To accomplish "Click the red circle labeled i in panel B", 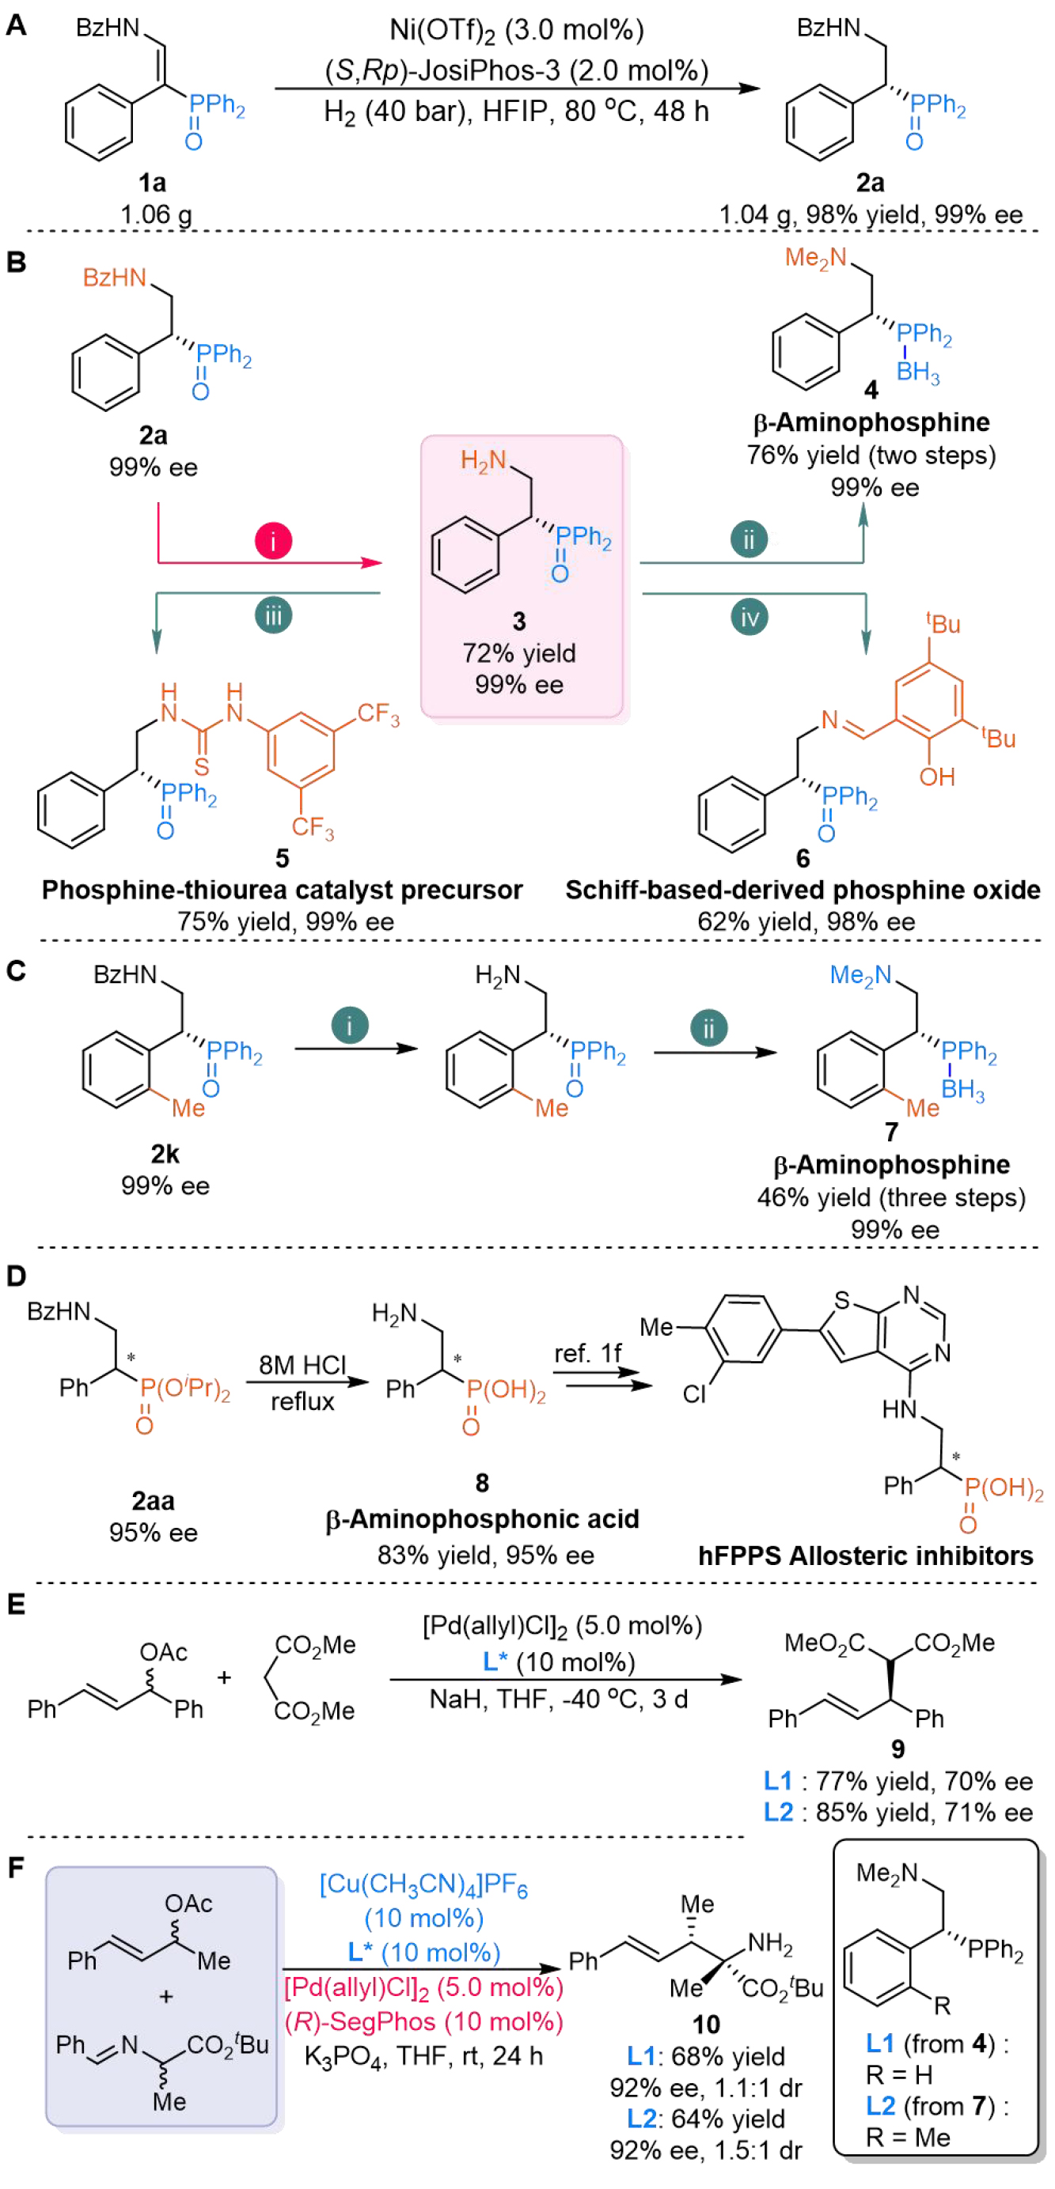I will pos(273,540).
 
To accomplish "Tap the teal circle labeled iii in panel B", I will pos(273,615).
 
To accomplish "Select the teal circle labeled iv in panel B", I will pos(749,617).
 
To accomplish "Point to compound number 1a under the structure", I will pos(152,182).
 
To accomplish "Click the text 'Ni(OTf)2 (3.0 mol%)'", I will pos(516,31).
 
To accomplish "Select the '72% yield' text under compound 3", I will pos(518,652).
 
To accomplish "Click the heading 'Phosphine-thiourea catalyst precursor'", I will pos(282,890).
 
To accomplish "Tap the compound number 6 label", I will pos(803,858).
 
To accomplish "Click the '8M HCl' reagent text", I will pos(302,1365).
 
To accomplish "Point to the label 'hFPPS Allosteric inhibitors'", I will pos(865,1555).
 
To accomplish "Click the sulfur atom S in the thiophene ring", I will pos(841,1300).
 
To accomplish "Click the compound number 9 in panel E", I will pos(898,1748).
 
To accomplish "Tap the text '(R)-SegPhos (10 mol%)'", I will pos(423,2021).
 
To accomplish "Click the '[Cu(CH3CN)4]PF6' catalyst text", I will pos(423,1885).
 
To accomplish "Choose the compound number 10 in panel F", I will pos(706,2025).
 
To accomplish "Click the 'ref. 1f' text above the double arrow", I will pos(587,1353).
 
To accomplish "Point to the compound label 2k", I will pos(165,1154).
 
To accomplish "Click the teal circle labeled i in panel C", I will pos(349,1025).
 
